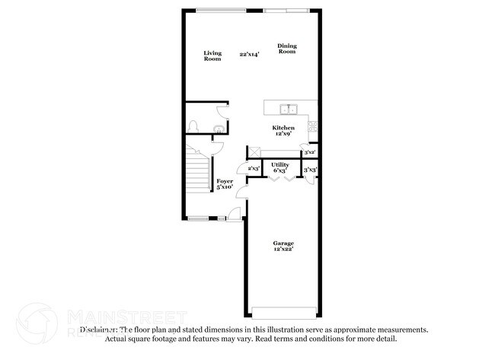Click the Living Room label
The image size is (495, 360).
coord(212,56)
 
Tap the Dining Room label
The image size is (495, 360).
coord(287,49)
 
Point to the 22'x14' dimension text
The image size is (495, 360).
coord(249,55)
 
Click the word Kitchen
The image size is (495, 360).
coord(284,128)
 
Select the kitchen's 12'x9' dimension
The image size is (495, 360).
coord(284,135)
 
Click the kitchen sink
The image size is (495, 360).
coord(289,108)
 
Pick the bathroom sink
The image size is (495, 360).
coord(219,129)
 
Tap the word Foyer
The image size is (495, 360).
coord(225,181)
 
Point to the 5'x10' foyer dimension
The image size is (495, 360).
coord(225,188)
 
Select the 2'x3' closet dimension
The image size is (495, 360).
coord(254,168)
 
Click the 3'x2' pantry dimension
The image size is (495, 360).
coord(310,153)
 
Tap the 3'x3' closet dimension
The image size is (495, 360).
coord(310,170)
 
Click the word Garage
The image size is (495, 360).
coord(284,243)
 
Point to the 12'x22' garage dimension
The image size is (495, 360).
coord(284,250)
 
